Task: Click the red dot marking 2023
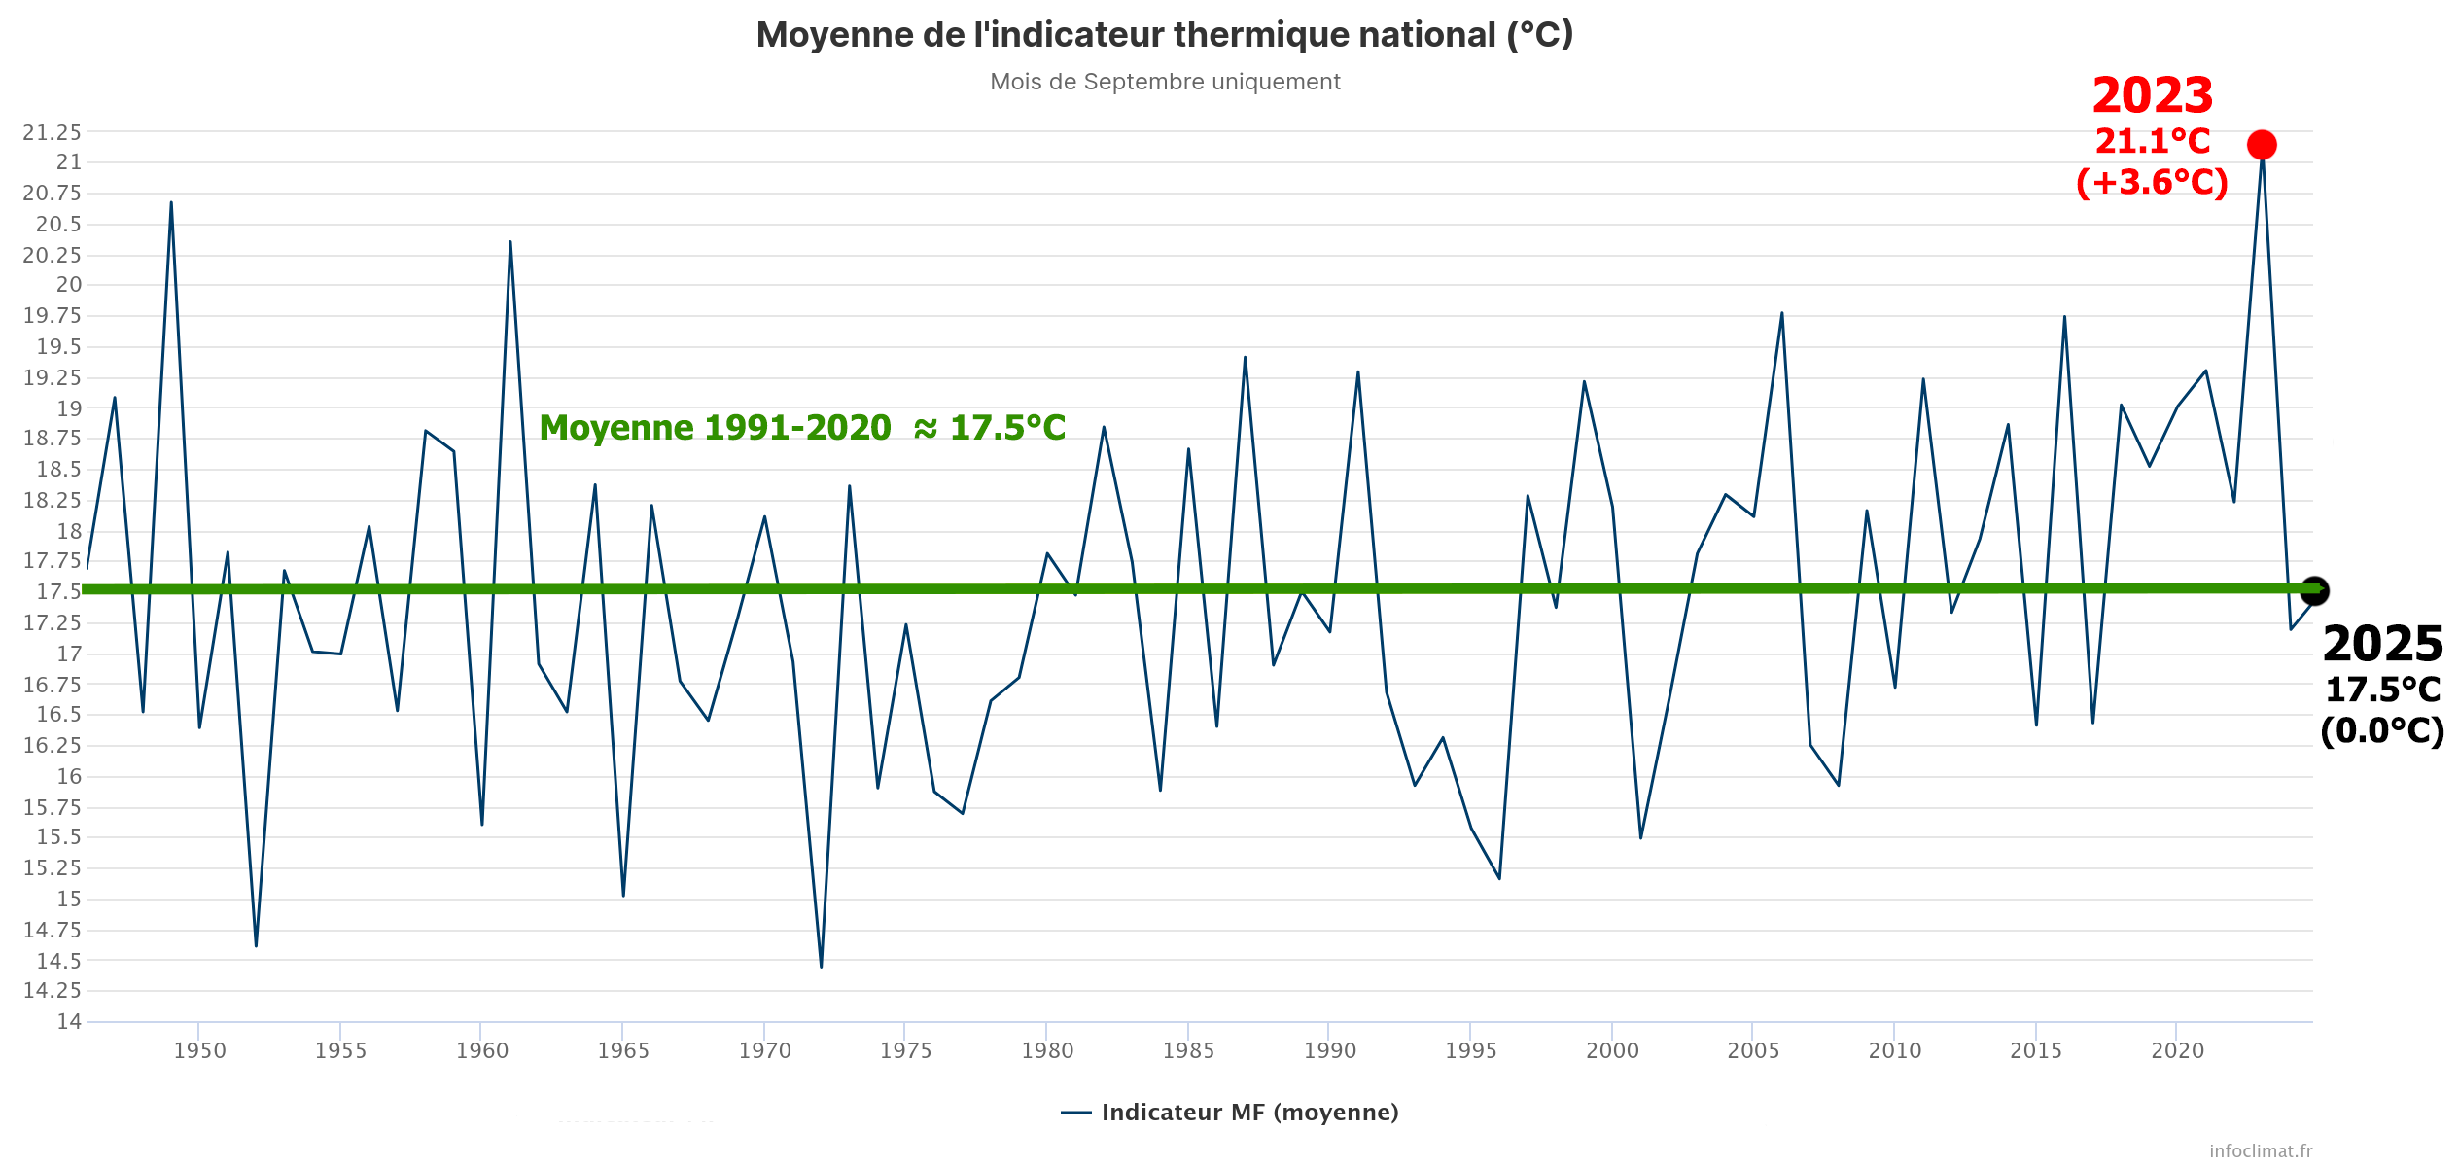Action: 2262,145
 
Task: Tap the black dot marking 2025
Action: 2314,590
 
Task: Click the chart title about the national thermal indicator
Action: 1165,35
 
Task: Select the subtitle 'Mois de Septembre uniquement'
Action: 1165,82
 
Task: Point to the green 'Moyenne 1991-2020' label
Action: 802,428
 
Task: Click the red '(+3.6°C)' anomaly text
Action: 2152,183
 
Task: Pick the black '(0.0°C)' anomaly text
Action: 2382,730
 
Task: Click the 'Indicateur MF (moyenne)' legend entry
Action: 1248,1113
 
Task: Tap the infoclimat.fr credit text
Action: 2261,1150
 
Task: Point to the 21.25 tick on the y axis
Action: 53,132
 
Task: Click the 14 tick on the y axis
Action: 69,1021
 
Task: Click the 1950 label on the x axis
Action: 199,1050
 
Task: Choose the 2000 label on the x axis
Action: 1612,1050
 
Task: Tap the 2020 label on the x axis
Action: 2177,1050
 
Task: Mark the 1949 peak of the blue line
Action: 171,203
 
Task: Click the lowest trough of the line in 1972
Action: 822,966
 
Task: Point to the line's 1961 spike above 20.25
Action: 510,242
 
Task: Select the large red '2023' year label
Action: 2152,96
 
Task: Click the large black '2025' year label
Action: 2382,645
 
